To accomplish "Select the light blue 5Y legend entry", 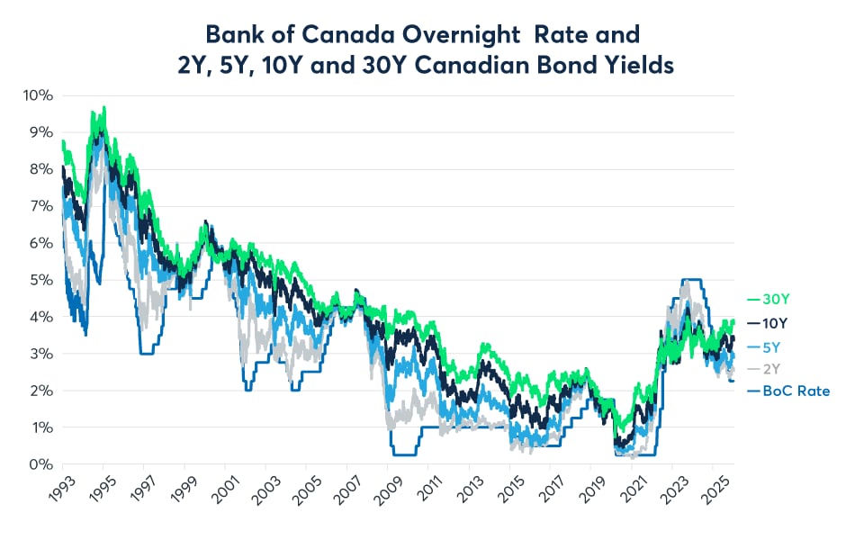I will pyautogui.click(x=768, y=346).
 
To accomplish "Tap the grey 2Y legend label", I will pyautogui.click(x=768, y=368).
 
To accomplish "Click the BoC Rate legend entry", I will pyautogui.click(x=789, y=391).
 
